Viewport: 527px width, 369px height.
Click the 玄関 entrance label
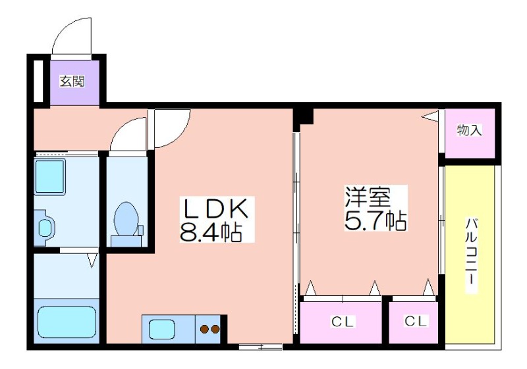pyautogui.click(x=72, y=81)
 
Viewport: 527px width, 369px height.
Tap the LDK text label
pyautogui.click(x=215, y=209)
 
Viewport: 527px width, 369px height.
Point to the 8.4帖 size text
pyautogui.click(x=211, y=232)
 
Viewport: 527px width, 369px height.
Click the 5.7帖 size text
pyautogui.click(x=375, y=220)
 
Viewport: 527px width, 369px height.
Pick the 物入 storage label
pyautogui.click(x=469, y=130)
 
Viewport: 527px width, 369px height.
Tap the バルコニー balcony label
pyautogui.click(x=472, y=256)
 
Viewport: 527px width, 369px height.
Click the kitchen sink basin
pyautogui.click(x=162, y=329)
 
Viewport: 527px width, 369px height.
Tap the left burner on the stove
pyautogui.click(x=204, y=329)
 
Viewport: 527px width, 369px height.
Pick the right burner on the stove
pyautogui.click(x=215, y=329)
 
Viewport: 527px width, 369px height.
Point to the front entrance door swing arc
pyautogui.click(x=64, y=29)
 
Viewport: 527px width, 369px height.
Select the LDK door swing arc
pyautogui.click(x=178, y=134)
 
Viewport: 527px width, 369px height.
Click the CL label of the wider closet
pyautogui.click(x=343, y=322)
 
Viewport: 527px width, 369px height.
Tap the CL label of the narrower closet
pyautogui.click(x=416, y=321)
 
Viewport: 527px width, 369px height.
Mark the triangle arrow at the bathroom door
pyautogui.click(x=92, y=260)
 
